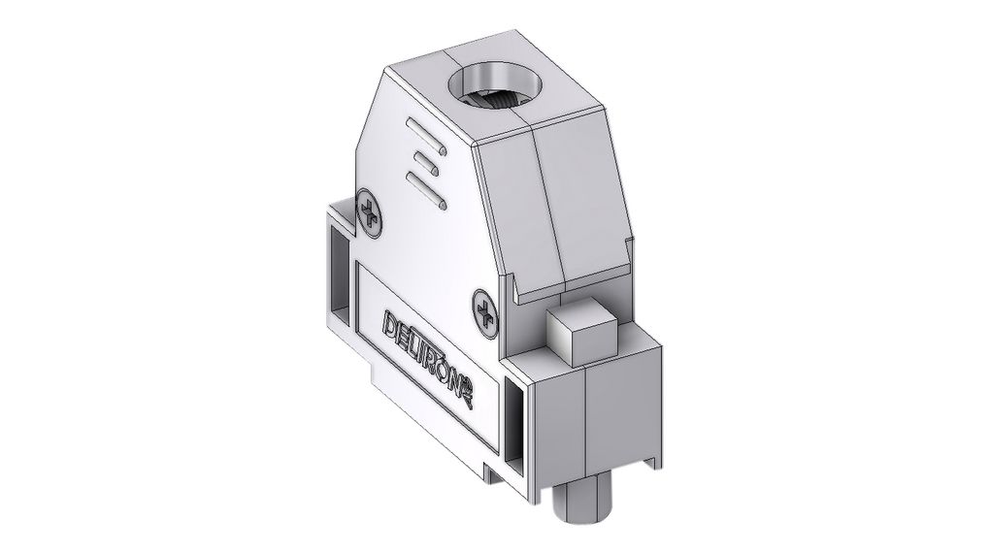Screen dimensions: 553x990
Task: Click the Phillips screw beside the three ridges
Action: click(x=371, y=211)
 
